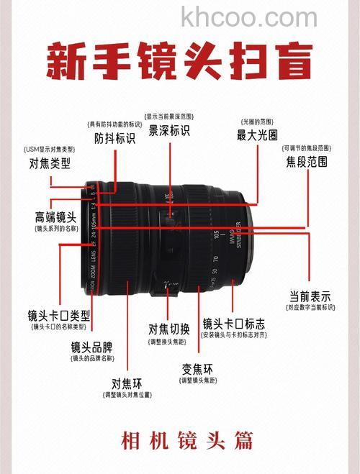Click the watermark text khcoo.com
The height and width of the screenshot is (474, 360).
(x=249, y=17)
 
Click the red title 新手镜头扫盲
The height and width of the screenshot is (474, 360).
(x=179, y=60)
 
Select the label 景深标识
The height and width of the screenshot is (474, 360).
(x=169, y=130)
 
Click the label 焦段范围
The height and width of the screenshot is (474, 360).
(x=306, y=162)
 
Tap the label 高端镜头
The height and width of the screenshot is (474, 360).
(x=55, y=217)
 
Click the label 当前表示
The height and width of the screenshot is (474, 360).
(x=310, y=296)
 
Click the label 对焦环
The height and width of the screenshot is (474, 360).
(x=126, y=382)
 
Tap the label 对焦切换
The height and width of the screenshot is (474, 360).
(x=169, y=329)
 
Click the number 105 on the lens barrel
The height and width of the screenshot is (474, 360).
(x=216, y=234)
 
